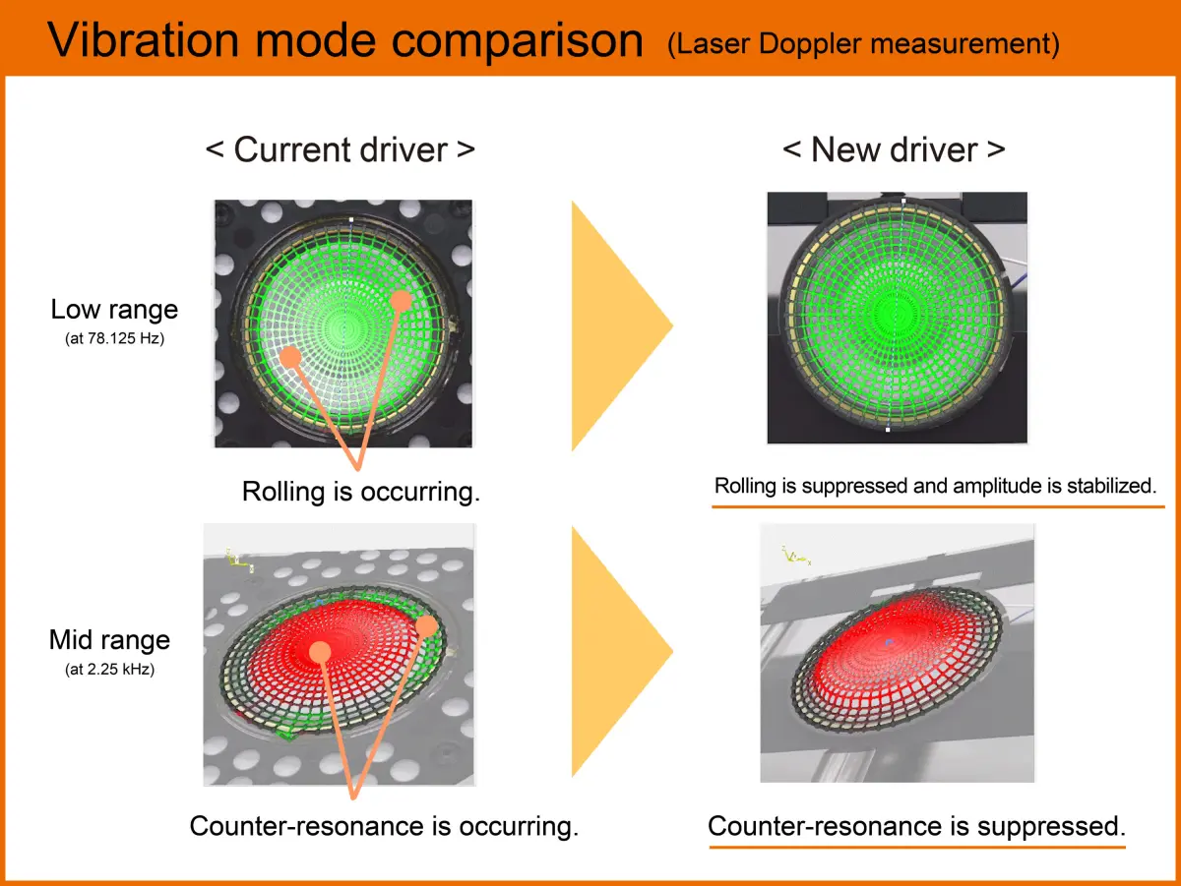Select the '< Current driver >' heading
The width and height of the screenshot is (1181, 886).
pyautogui.click(x=341, y=149)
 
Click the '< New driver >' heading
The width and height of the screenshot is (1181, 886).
pyautogui.click(x=894, y=149)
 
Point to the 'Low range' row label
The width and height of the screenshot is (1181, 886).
pyautogui.click(x=114, y=309)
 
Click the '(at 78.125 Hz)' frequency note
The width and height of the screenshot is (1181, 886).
pyautogui.click(x=114, y=337)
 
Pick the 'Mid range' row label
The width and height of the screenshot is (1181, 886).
pyautogui.click(x=109, y=640)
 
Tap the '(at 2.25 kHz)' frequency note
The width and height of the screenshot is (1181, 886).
pyautogui.click(x=109, y=669)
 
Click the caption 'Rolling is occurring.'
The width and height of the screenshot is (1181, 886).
pyautogui.click(x=361, y=491)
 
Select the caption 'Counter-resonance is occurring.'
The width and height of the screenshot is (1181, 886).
pyautogui.click(x=384, y=825)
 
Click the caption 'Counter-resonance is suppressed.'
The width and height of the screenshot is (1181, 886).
pyautogui.click(x=916, y=825)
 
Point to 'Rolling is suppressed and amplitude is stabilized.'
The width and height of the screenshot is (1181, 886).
pyautogui.click(x=934, y=485)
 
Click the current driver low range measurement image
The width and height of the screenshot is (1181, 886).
pyautogui.click(x=342, y=324)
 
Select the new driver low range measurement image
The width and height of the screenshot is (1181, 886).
pyautogui.click(x=897, y=318)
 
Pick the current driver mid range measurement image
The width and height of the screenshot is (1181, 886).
pyautogui.click(x=339, y=654)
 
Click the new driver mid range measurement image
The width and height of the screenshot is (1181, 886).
pyautogui.click(x=897, y=653)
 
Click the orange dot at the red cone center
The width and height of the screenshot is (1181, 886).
pyautogui.click(x=320, y=651)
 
